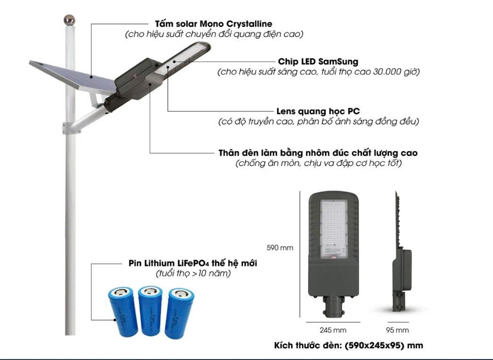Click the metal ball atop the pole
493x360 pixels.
69,20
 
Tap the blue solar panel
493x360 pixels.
71,75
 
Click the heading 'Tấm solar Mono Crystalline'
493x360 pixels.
214,24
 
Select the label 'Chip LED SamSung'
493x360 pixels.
318,62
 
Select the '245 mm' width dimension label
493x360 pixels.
333,330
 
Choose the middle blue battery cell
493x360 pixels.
150,311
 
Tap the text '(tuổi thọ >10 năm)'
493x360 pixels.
193,274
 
